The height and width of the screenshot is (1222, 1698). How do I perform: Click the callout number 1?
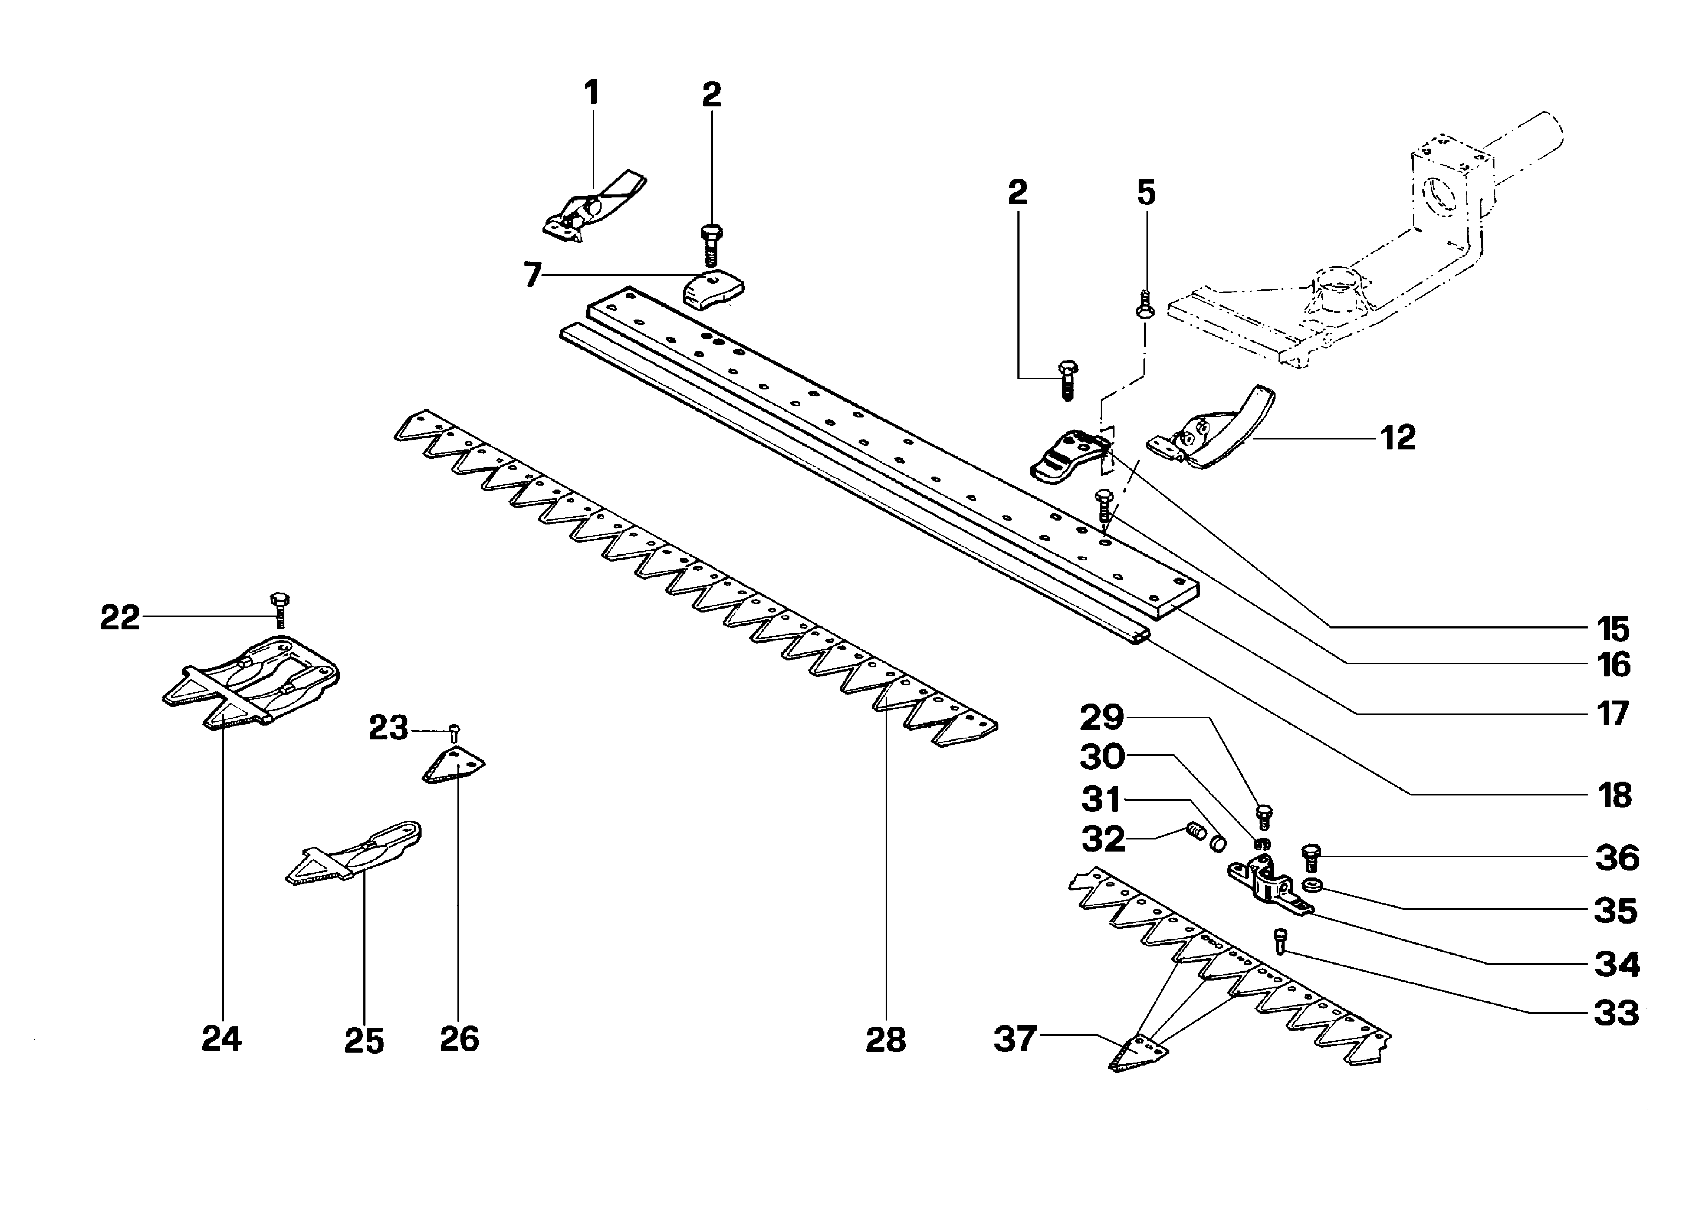pos(591,93)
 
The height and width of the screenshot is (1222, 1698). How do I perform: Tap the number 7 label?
pos(532,276)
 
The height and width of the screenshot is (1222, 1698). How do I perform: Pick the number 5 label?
pos(1146,193)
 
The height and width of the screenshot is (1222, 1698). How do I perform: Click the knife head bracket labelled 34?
pos(1267,887)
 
